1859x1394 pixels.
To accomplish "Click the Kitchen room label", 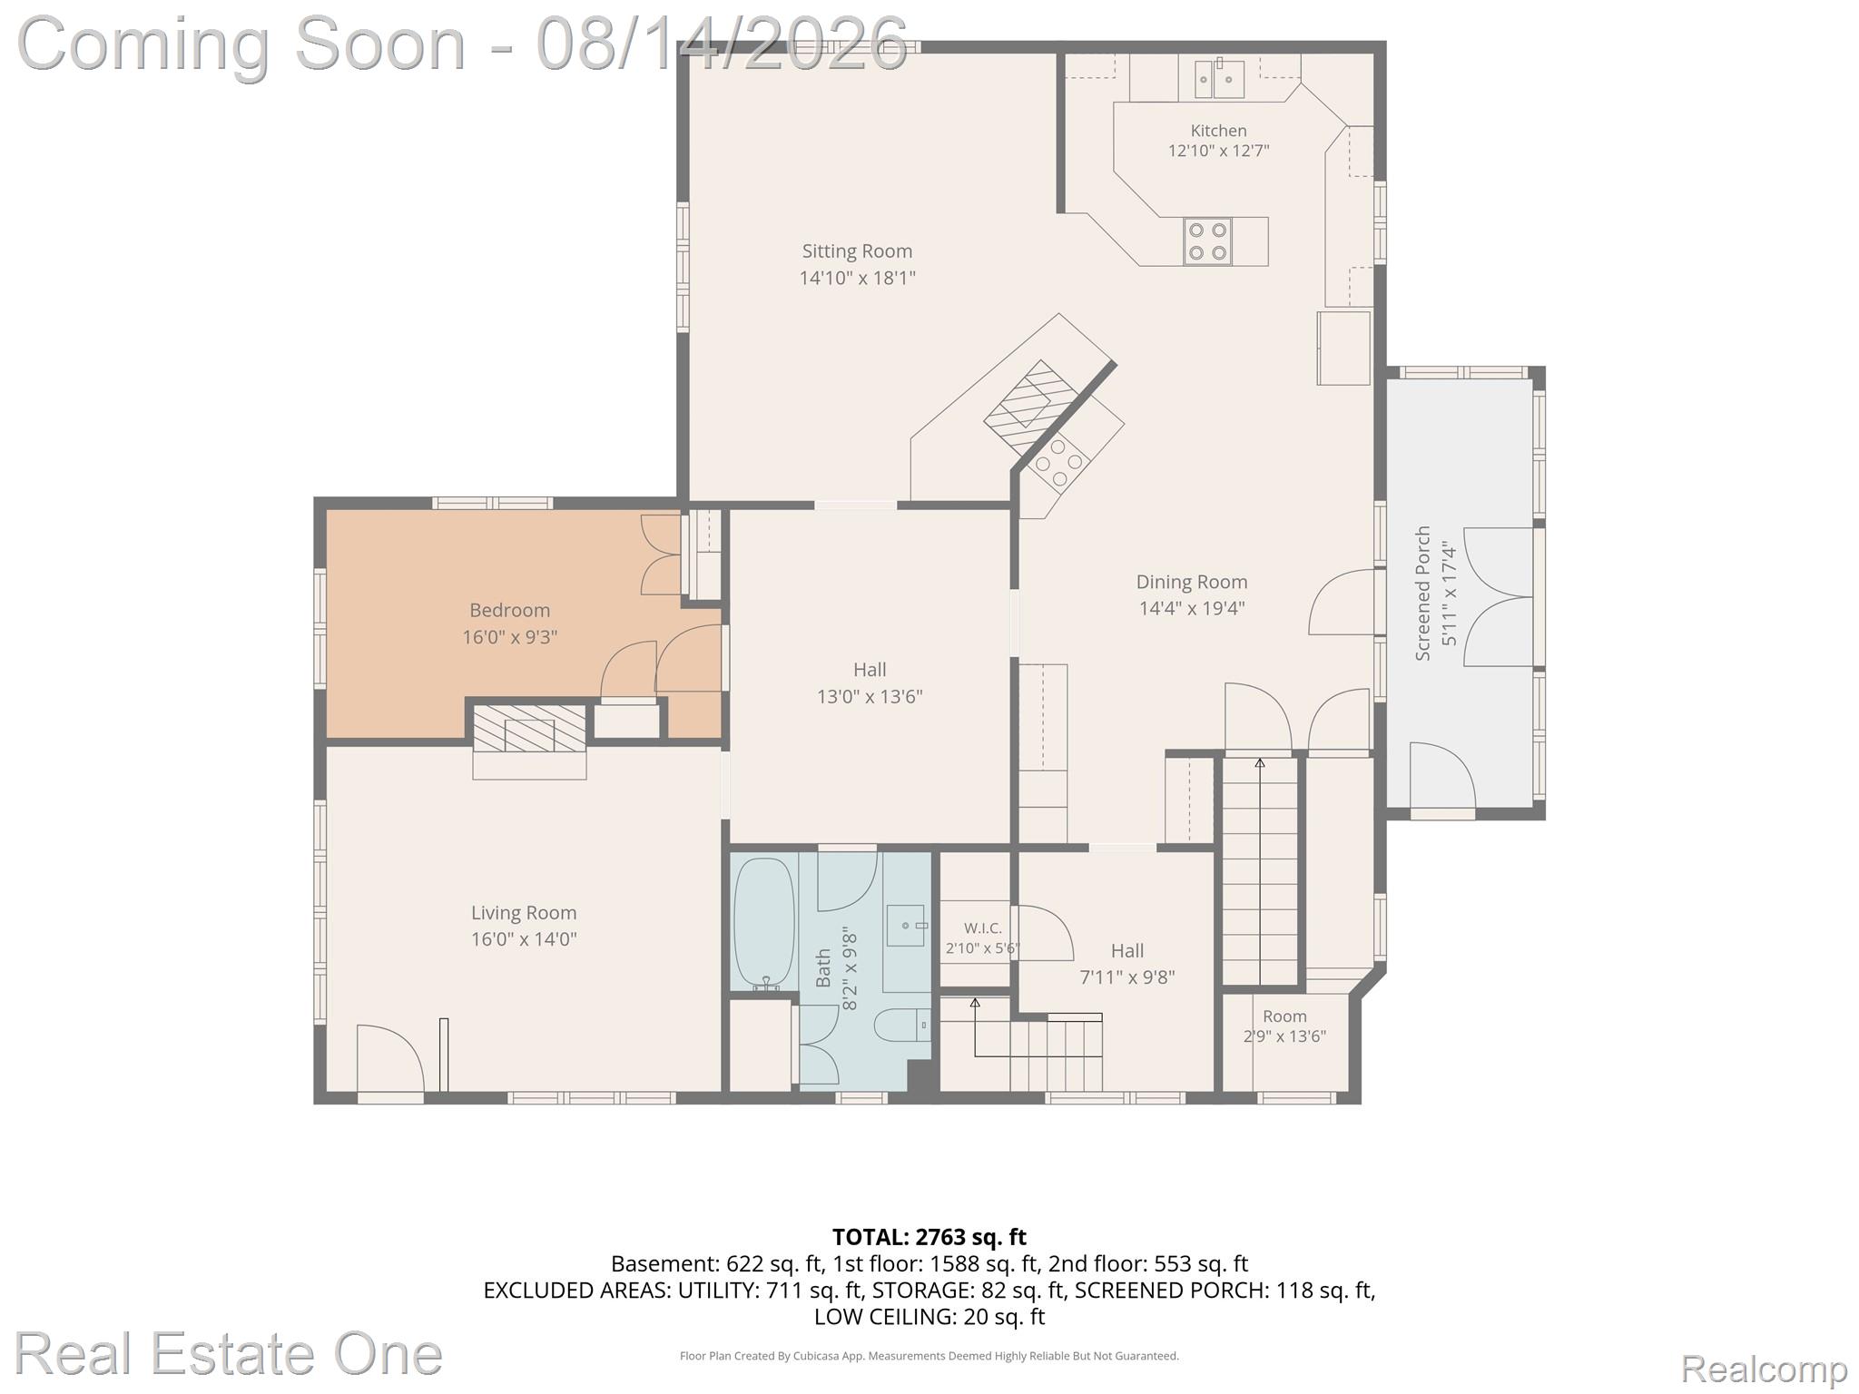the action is click(x=1218, y=131).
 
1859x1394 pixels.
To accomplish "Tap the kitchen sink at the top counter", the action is click(x=1218, y=79).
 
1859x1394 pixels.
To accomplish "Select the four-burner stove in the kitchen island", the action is click(x=1207, y=241).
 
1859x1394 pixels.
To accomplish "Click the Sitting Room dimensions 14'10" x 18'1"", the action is click(x=857, y=278).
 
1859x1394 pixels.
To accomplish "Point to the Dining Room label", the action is click(x=1192, y=582).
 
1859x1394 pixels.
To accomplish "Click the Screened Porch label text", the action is click(x=1422, y=593).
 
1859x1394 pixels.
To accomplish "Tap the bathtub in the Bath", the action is click(x=763, y=924).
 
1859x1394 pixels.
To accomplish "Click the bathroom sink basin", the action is click(x=905, y=926).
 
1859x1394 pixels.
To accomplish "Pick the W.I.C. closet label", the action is click(x=983, y=928).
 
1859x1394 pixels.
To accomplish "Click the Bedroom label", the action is click(x=509, y=611).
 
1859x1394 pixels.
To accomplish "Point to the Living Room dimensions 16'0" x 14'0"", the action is click(x=524, y=939).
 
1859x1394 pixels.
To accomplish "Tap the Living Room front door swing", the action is click(x=390, y=1058).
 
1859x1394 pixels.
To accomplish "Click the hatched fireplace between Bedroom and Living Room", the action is click(x=529, y=729).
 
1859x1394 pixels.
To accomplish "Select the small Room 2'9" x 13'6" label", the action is click(x=1284, y=1026).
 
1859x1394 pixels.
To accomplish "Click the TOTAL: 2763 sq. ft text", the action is click(x=929, y=1237).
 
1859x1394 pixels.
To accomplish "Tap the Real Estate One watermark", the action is click(x=229, y=1353).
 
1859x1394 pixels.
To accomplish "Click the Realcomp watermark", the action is click(x=1764, y=1368).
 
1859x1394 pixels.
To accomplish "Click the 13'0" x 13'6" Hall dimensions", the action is click(x=870, y=697).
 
